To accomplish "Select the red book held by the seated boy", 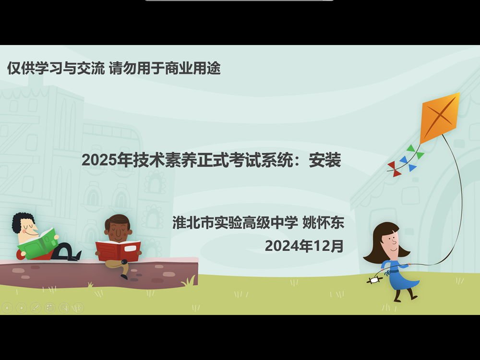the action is pos(118,251).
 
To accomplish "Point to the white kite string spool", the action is pos(374,280).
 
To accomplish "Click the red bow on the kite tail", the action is pos(394,169).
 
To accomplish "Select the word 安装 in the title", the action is pos(325,160).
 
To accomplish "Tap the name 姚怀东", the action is pos(323,223).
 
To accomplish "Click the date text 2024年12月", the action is pos(304,246).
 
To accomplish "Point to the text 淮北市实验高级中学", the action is pos(235,223).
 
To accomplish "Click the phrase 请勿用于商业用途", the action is pos(165,68).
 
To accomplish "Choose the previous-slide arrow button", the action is pos(7,307).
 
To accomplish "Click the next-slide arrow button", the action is pos(22,307).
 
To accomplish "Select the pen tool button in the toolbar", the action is pos(36,307).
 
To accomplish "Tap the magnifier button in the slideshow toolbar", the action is pos(64,307).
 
